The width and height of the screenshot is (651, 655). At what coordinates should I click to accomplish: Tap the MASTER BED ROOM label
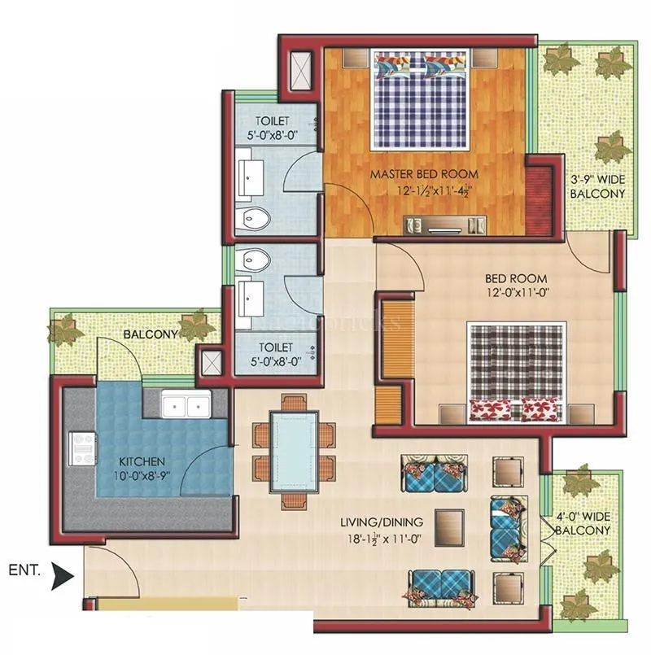(424, 174)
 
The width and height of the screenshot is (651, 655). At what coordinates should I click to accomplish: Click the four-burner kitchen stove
(82, 448)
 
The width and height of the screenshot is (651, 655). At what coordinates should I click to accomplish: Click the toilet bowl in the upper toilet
(258, 217)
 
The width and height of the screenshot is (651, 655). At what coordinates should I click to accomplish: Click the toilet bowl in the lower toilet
(256, 260)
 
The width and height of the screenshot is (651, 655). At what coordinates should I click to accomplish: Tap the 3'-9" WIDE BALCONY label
(597, 187)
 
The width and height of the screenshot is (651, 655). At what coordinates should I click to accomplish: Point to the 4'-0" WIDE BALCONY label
(583, 523)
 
